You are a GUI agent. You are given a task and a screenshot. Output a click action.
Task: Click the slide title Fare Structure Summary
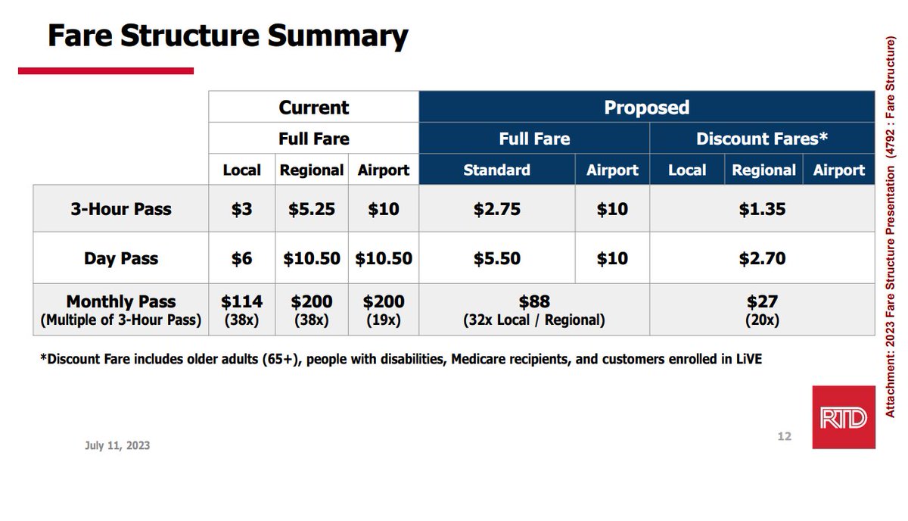click(x=228, y=36)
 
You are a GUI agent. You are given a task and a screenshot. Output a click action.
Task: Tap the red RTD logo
click(x=843, y=417)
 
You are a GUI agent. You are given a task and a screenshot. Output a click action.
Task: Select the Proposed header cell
click(x=646, y=108)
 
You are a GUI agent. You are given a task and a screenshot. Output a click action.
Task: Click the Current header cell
click(x=314, y=108)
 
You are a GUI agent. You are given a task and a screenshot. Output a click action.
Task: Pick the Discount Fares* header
click(x=762, y=139)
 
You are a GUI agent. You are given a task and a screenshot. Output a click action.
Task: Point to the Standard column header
click(x=496, y=170)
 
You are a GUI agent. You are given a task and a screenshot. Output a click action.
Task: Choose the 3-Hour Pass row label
click(x=121, y=209)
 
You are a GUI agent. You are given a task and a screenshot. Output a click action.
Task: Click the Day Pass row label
click(x=121, y=259)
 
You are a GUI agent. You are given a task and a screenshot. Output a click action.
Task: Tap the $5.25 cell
click(x=312, y=209)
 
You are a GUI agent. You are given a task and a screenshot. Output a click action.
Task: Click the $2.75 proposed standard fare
click(x=496, y=209)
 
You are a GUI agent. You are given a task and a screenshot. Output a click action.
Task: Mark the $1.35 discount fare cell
click(x=762, y=209)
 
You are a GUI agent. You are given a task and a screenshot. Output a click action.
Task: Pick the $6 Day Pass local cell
click(x=242, y=259)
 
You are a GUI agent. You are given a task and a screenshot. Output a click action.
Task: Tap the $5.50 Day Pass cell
click(x=496, y=259)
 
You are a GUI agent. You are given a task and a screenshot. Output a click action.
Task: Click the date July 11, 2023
click(x=117, y=445)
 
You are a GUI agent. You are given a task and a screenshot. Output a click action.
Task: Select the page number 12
click(x=784, y=436)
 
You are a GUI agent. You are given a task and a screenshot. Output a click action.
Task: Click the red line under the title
click(x=106, y=71)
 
